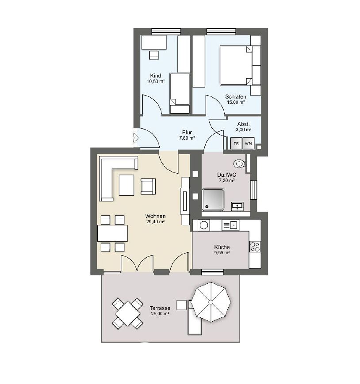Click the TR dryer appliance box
(236, 144)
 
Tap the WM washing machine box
(249, 144)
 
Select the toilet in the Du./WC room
(239, 163)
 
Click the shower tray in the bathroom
(213, 199)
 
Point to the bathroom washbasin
(237, 206)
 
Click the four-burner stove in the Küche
(255, 247)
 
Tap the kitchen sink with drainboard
(230, 225)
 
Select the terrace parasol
(211, 302)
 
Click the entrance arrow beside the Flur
(135, 137)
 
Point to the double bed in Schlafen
(236, 65)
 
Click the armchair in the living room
(148, 186)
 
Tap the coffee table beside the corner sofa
(126, 185)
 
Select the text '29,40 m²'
(155, 222)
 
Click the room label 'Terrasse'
(160, 308)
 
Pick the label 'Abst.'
(244, 124)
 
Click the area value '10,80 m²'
(156, 81)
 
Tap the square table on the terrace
(127, 314)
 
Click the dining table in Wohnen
(112, 233)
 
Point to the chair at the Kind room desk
(154, 55)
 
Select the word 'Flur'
(187, 133)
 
